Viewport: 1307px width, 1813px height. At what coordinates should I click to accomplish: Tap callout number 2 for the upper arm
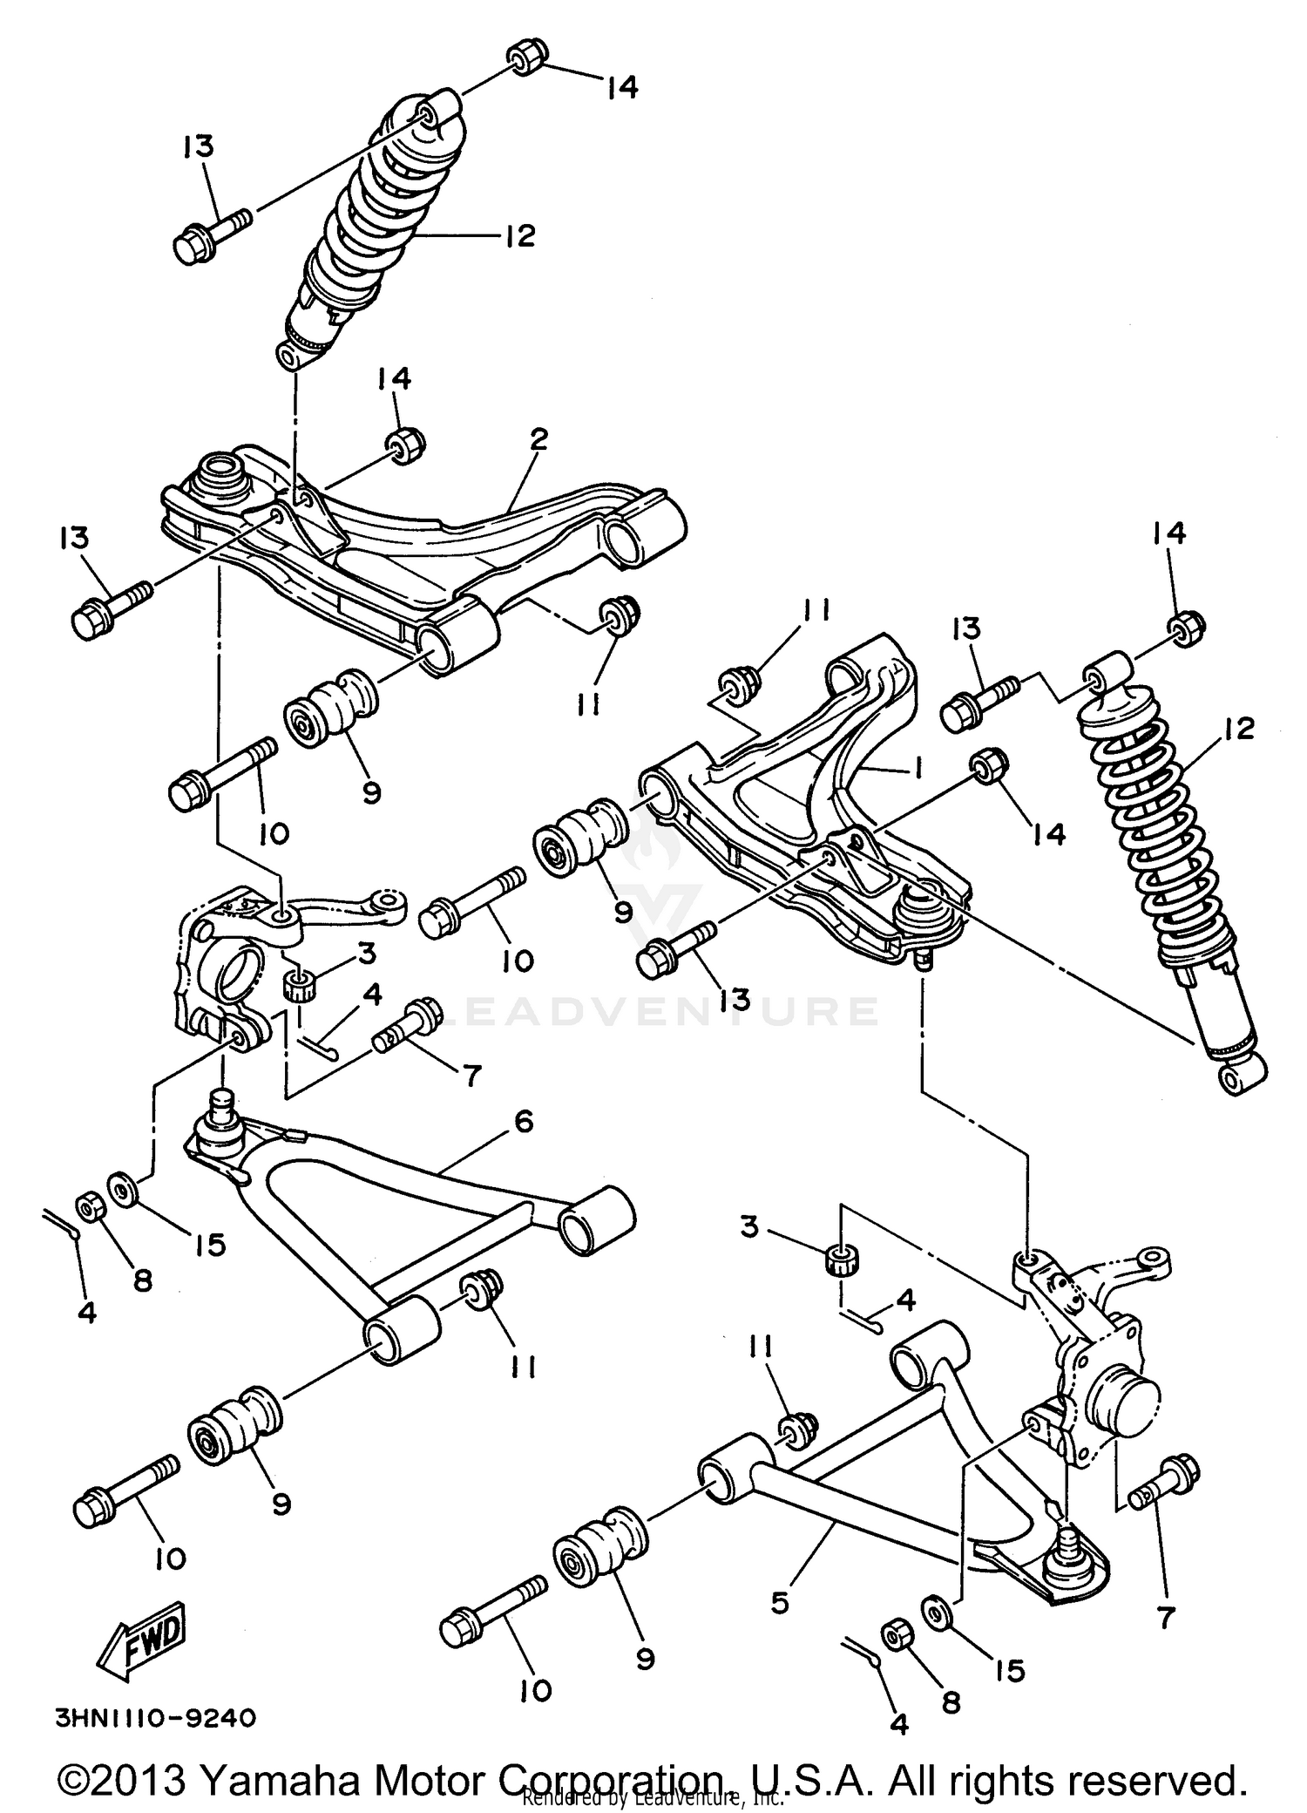(538, 439)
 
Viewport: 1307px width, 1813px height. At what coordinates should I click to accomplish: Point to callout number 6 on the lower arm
(523, 1122)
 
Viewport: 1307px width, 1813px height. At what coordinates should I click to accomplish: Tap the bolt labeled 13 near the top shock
(211, 228)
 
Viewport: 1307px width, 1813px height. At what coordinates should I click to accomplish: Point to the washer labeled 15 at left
(121, 1189)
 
